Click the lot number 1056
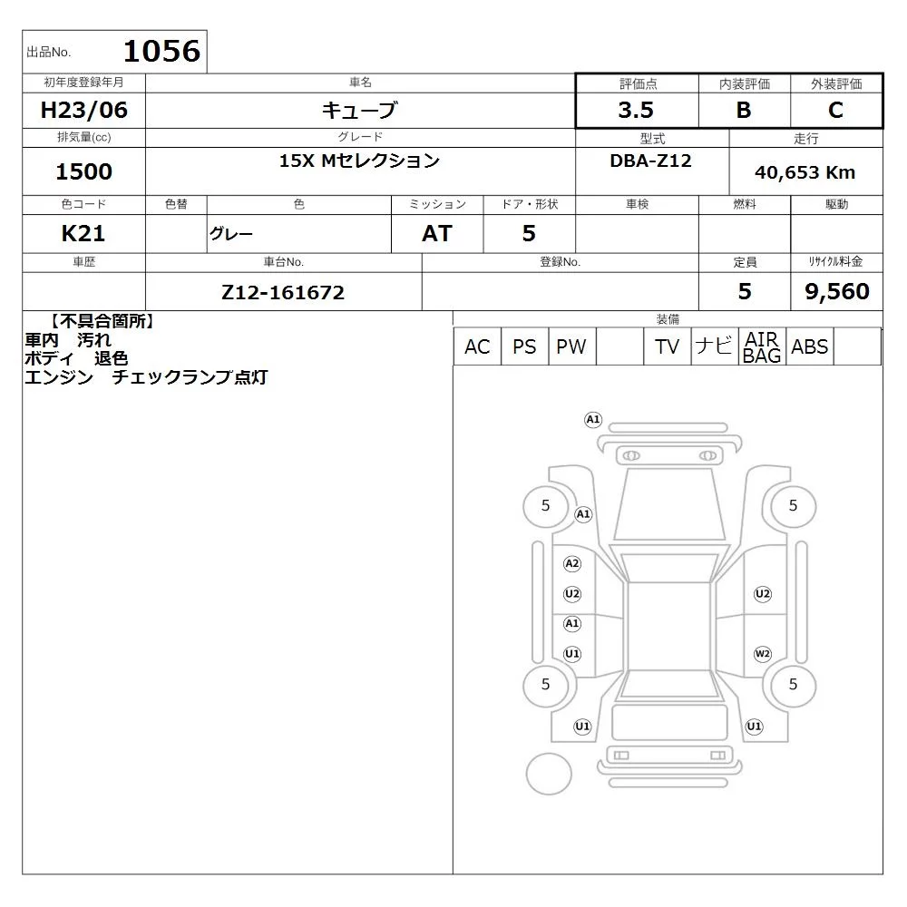click(x=162, y=51)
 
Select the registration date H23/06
click(x=83, y=110)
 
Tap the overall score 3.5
click(x=636, y=110)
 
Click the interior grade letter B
click(x=744, y=110)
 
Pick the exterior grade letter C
click(x=835, y=110)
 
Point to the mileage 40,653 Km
click(x=805, y=172)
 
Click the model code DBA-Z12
click(x=650, y=161)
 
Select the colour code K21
click(x=83, y=233)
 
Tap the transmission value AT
click(x=437, y=233)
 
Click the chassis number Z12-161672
click(x=283, y=292)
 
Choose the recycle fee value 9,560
click(x=837, y=291)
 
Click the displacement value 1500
click(x=83, y=171)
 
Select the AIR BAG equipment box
click(x=763, y=346)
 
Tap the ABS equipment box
click(x=810, y=346)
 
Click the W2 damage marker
click(x=763, y=654)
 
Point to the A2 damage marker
click(x=572, y=563)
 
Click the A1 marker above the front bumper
click(x=593, y=419)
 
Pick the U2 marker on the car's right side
click(x=763, y=594)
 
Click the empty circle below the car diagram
click(x=549, y=774)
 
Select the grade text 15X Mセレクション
click(x=359, y=161)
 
